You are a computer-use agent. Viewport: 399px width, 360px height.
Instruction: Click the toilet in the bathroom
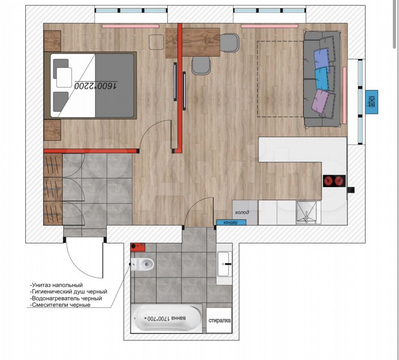click(142, 264)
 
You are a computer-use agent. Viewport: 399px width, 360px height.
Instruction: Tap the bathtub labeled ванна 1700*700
click(167, 318)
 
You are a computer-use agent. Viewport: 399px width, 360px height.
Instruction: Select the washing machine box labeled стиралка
click(219, 320)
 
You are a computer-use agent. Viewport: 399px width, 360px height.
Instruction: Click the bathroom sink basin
click(224, 264)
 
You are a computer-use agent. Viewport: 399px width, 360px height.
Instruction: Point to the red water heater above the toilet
click(138, 247)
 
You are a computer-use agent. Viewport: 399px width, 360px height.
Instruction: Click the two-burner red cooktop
click(334, 181)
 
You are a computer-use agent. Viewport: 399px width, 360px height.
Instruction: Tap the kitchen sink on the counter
click(308, 213)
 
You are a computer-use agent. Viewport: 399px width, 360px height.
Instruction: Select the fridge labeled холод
click(245, 213)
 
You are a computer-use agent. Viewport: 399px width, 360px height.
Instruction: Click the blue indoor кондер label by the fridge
click(231, 222)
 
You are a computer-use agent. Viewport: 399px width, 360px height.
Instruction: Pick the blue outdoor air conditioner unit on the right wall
click(372, 102)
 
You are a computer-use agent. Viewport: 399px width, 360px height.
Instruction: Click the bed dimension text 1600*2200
click(96, 85)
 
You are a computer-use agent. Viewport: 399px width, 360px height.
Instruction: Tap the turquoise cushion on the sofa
click(322, 78)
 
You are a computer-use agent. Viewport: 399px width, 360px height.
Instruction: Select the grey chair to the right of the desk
click(229, 43)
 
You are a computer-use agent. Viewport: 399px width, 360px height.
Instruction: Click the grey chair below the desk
click(201, 65)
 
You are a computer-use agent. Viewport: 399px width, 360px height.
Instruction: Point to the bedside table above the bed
click(53, 41)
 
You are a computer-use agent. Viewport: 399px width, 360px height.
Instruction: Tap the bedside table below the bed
click(53, 130)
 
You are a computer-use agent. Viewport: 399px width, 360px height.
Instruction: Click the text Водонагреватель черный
click(66, 298)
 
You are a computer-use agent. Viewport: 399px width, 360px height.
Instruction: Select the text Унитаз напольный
click(56, 285)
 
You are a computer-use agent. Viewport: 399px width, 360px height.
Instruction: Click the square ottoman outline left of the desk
click(157, 42)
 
